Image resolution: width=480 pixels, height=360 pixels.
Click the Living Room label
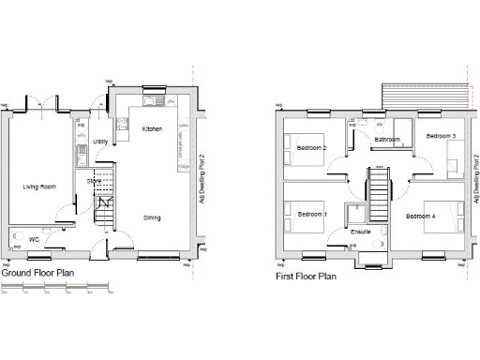39,187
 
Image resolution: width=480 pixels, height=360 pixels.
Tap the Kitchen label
152,128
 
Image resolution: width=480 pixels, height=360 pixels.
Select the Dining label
152,217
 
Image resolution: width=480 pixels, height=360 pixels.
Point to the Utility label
101,142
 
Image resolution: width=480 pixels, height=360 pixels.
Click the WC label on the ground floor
33,239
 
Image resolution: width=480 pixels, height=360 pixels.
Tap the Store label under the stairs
94,181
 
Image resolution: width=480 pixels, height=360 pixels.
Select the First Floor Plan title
306,277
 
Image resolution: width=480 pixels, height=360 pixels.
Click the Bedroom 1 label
312,215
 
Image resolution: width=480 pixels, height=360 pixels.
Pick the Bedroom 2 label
311,148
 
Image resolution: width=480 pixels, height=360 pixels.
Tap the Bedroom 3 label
441,137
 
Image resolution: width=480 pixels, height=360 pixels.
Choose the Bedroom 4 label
421,217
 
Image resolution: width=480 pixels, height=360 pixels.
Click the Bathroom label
387,140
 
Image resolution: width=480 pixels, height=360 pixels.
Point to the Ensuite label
360,231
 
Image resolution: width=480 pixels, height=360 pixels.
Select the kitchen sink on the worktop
152,101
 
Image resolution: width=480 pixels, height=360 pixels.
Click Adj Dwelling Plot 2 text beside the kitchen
202,179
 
